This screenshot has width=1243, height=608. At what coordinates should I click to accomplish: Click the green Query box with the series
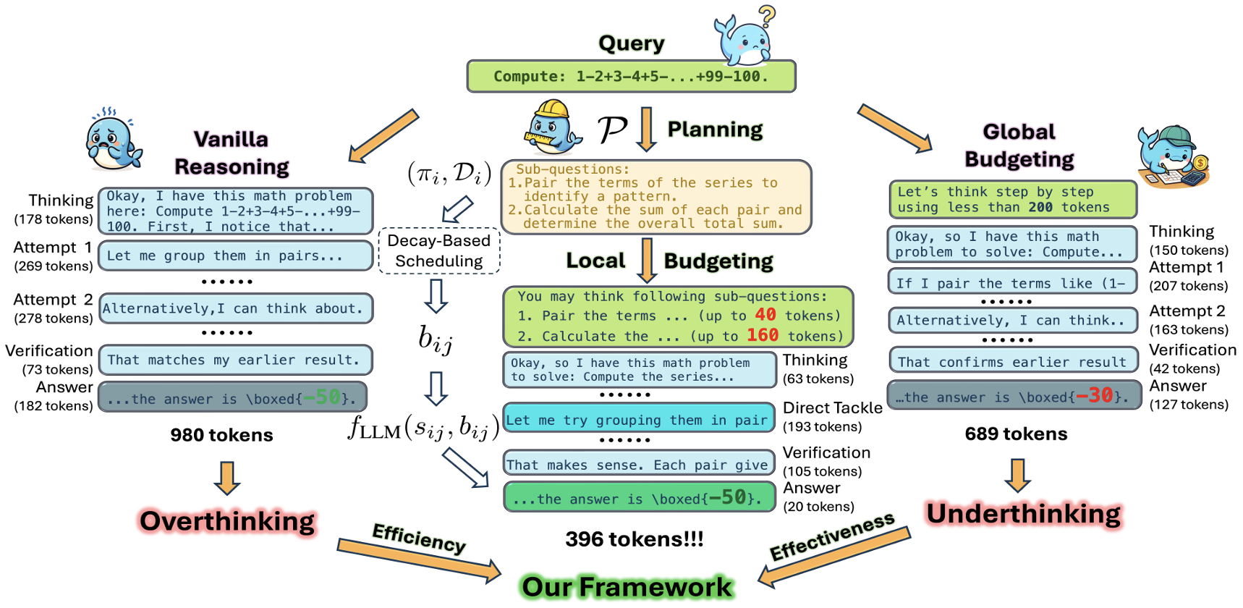pos(631,77)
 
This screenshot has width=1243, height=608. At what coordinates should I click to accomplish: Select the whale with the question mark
pos(745,40)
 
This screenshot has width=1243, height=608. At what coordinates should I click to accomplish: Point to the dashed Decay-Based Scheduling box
pos(439,251)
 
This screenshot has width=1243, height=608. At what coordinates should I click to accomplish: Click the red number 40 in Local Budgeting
pos(765,315)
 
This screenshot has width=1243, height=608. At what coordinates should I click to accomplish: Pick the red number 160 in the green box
pos(763,335)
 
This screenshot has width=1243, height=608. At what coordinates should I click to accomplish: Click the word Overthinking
pos(227,521)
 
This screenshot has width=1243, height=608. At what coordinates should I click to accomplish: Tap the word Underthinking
pos(1023,514)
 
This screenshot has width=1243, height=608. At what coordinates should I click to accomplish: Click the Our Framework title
pos(627,587)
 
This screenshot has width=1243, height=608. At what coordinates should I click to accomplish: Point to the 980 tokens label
pos(221,435)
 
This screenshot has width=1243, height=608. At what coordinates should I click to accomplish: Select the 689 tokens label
pos(1016,434)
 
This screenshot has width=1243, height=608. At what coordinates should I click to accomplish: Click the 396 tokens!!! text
pos(635,539)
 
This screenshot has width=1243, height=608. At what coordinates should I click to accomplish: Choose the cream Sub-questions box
pos(656,197)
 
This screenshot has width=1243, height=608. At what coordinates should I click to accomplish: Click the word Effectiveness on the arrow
pos(832,536)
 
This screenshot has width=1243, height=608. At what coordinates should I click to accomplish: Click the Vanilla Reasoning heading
pos(232,153)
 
